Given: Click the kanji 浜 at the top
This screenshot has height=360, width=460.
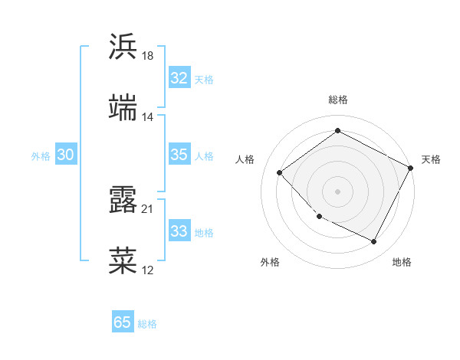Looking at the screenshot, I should click(x=123, y=47).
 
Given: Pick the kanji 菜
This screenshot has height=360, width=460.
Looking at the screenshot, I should click(x=123, y=260).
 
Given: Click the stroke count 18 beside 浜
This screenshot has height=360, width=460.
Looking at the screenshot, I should click(x=148, y=56).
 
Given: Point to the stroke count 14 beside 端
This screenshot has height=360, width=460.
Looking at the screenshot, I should click(x=148, y=116).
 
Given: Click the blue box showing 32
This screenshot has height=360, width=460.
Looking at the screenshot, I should click(x=179, y=78).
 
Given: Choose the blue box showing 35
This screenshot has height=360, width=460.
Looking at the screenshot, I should click(x=179, y=155).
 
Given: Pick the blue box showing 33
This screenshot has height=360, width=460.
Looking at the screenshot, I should click(x=179, y=231).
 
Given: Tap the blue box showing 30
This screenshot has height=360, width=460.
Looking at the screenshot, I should click(x=66, y=155).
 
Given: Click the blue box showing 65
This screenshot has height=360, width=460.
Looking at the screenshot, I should click(x=123, y=322).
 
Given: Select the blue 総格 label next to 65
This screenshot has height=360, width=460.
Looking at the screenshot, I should click(x=147, y=324).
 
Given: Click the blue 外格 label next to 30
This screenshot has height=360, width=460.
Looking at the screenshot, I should click(x=41, y=156).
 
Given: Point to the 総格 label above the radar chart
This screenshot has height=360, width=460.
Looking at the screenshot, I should click(x=337, y=100).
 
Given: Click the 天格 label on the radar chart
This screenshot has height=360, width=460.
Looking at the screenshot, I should click(x=431, y=159).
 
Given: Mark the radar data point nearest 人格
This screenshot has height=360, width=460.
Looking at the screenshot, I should click(x=280, y=172).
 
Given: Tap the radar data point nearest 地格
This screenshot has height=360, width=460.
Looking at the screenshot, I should click(x=373, y=242).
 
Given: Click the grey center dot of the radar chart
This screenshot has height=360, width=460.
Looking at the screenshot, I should click(x=337, y=191).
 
